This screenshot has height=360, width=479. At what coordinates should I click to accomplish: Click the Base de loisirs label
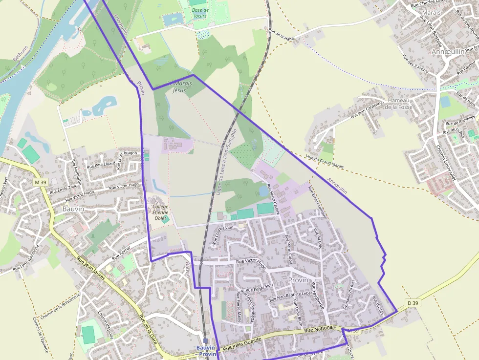click(200, 13)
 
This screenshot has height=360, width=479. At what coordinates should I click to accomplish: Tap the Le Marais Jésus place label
click(179, 86)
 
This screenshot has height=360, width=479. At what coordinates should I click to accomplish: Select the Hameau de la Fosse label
click(399, 104)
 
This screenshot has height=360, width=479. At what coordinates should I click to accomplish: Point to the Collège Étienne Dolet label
click(160, 212)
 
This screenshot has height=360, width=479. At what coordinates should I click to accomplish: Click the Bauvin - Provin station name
click(206, 350)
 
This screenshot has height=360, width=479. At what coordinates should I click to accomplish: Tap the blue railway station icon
click(206, 341)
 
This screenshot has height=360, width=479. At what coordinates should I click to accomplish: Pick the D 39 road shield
click(413, 303)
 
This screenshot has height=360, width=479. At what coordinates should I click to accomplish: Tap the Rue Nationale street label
click(321, 331)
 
